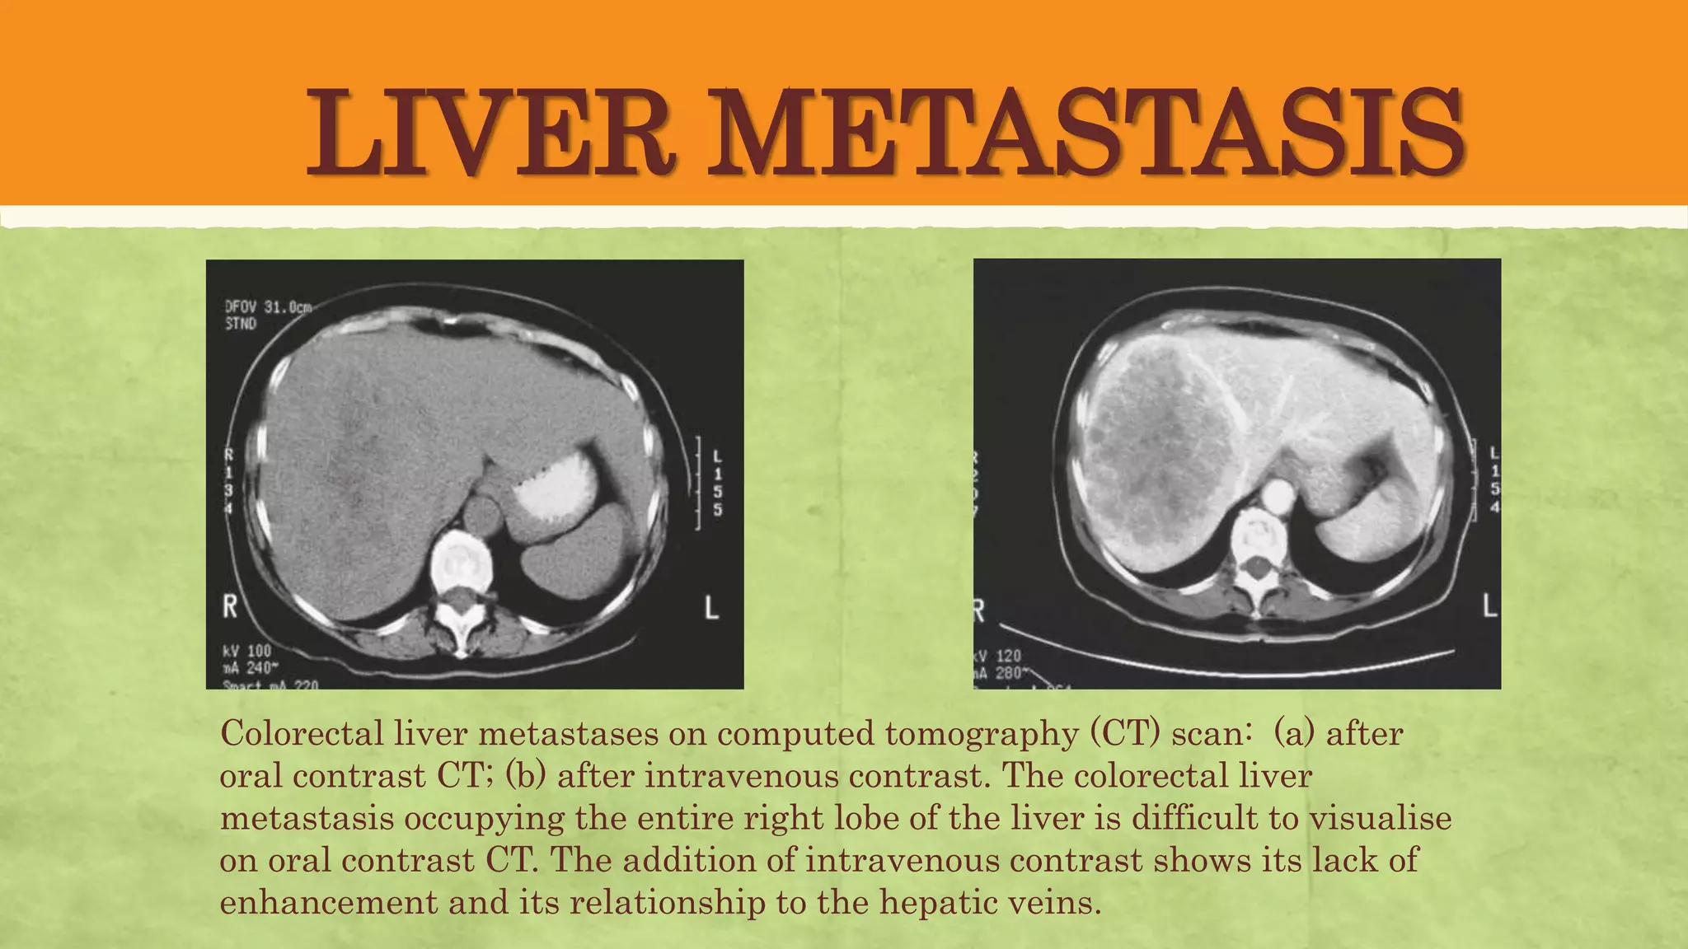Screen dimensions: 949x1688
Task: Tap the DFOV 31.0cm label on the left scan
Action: (269, 307)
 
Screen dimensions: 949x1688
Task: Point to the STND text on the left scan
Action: (241, 324)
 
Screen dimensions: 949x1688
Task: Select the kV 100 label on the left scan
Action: (247, 652)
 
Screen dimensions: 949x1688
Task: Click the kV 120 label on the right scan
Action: (998, 656)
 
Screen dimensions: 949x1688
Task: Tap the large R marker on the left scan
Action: (230, 607)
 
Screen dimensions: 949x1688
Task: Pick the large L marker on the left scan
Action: (711, 608)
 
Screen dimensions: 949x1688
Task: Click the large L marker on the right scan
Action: (1489, 605)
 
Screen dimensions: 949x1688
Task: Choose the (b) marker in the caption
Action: (525, 776)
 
